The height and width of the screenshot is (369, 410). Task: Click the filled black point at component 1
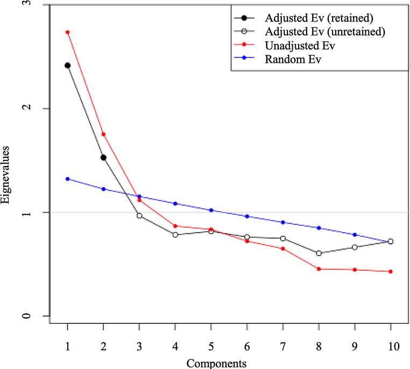click(x=67, y=66)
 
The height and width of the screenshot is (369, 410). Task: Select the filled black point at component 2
click(x=103, y=157)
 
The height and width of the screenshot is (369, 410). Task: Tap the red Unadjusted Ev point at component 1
click(x=67, y=32)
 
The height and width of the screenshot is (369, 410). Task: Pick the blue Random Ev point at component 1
click(x=67, y=179)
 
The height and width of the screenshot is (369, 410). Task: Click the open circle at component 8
click(x=319, y=253)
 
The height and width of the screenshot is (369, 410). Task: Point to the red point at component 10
click(x=391, y=272)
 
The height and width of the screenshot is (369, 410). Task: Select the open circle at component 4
click(x=175, y=235)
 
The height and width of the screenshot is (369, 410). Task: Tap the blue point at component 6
click(x=247, y=216)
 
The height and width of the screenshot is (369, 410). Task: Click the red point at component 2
click(x=103, y=134)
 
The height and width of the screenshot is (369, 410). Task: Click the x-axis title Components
click(x=217, y=363)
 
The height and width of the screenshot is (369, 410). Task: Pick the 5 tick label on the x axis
click(x=211, y=347)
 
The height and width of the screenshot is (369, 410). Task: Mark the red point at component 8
click(x=319, y=269)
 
